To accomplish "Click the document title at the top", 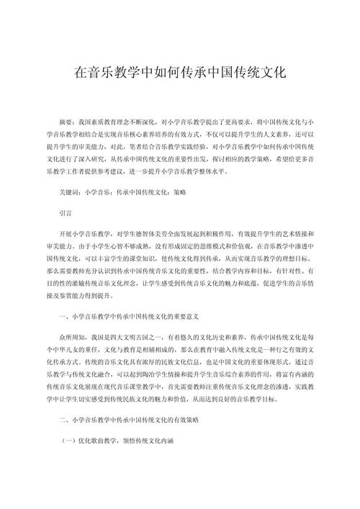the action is pyautogui.click(x=180, y=73).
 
